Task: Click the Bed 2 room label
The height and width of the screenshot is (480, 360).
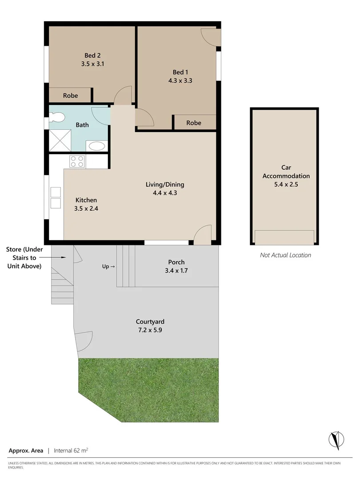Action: pos(92,56)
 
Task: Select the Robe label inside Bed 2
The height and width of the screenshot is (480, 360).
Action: pos(70,96)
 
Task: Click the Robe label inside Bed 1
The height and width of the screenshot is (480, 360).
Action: pos(194,123)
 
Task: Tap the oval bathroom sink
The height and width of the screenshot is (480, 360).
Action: pos(96,146)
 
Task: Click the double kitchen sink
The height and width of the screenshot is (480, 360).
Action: pos(56,198)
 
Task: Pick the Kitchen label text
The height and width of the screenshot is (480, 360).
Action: pos(86,200)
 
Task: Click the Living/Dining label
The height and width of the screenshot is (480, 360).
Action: pos(165,184)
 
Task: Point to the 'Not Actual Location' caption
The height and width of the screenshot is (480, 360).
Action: pos(285,255)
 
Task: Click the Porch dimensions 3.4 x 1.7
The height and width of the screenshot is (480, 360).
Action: pos(176,270)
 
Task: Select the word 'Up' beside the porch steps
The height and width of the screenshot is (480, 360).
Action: pos(106,267)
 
